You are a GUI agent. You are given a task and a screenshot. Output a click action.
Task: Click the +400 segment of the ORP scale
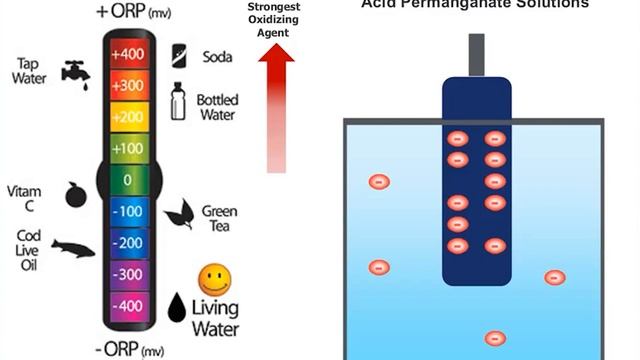coord(126,53)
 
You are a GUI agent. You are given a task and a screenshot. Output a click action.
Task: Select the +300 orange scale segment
coord(126,85)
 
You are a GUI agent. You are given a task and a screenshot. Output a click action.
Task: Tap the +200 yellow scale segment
coord(126,117)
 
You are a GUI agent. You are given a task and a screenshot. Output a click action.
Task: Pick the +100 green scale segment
coord(126,149)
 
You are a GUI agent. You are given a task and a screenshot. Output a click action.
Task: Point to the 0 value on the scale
coord(126,181)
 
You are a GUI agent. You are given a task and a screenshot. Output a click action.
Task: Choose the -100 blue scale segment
coord(126,212)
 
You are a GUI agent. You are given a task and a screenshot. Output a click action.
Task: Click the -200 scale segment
coord(126,243)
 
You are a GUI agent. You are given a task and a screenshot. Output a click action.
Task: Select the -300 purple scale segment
coord(126,273)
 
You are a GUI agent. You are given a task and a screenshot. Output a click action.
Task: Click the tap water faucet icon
coord(73,71)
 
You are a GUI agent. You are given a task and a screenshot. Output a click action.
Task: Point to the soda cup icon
coord(178,54)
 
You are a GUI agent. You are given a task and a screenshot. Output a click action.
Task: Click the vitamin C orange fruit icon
coord(75,195)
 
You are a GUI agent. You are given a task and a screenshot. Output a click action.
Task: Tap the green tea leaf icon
coord(179,213)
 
